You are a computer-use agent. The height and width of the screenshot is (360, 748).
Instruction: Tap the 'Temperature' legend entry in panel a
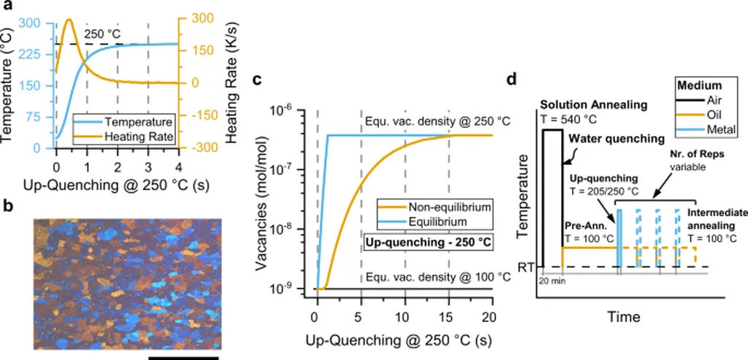coord(140,121)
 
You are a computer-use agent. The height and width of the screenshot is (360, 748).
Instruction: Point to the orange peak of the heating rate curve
coord(69,20)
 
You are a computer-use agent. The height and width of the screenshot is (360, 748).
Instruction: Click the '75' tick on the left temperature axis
coord(34,115)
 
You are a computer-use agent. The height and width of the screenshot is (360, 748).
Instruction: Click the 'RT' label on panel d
coord(525,267)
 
